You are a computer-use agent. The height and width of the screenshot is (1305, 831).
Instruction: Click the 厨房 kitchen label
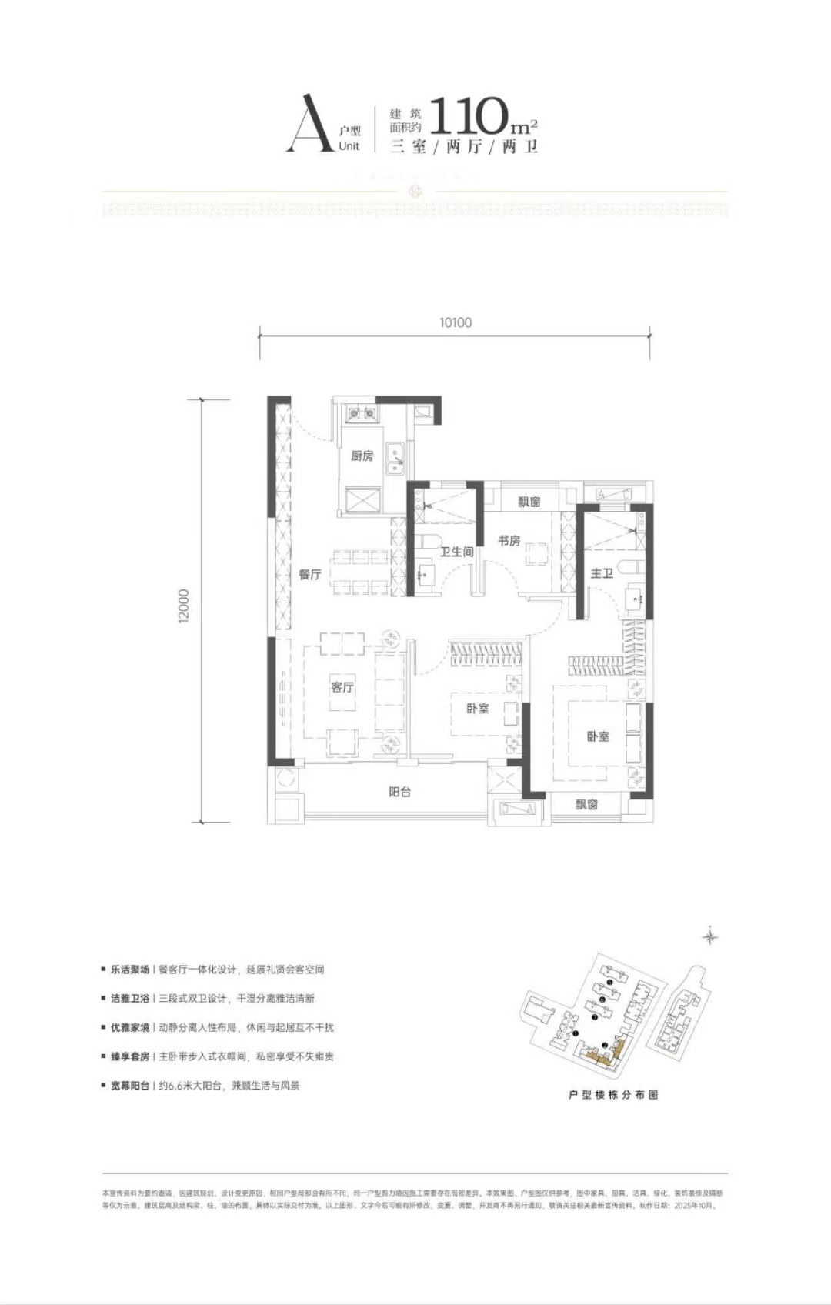pyautogui.click(x=362, y=456)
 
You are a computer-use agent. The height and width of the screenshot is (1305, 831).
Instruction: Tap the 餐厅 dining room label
pyautogui.click(x=310, y=574)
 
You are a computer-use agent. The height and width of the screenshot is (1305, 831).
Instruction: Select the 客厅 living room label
pyautogui.click(x=342, y=686)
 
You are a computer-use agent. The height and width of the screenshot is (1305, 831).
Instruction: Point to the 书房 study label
pyautogui.click(x=509, y=541)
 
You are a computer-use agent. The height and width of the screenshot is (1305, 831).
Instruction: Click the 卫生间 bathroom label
pyautogui.click(x=456, y=552)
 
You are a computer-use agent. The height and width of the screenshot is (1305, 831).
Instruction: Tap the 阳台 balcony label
pyautogui.click(x=399, y=792)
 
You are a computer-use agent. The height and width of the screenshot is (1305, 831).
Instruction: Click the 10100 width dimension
pyautogui.click(x=456, y=322)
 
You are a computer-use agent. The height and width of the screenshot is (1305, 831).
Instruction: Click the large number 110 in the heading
pyautogui.click(x=469, y=117)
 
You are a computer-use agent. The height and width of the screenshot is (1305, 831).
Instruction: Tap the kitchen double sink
pyautogui.click(x=395, y=458)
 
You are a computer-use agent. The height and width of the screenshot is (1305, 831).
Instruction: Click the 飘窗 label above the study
pyautogui.click(x=529, y=502)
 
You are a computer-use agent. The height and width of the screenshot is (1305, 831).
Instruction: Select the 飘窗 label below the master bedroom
pyautogui.click(x=586, y=804)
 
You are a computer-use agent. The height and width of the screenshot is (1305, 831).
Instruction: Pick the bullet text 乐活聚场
pyautogui.click(x=129, y=970)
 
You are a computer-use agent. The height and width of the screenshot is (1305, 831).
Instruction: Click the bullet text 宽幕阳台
pyautogui.click(x=129, y=1086)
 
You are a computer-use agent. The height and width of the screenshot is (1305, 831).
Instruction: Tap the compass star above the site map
pyautogui.click(x=711, y=936)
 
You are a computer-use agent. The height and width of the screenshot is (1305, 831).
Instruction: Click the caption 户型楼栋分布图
pyautogui.click(x=612, y=1094)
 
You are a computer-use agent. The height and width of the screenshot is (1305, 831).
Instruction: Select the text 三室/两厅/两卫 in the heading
pyautogui.click(x=464, y=146)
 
